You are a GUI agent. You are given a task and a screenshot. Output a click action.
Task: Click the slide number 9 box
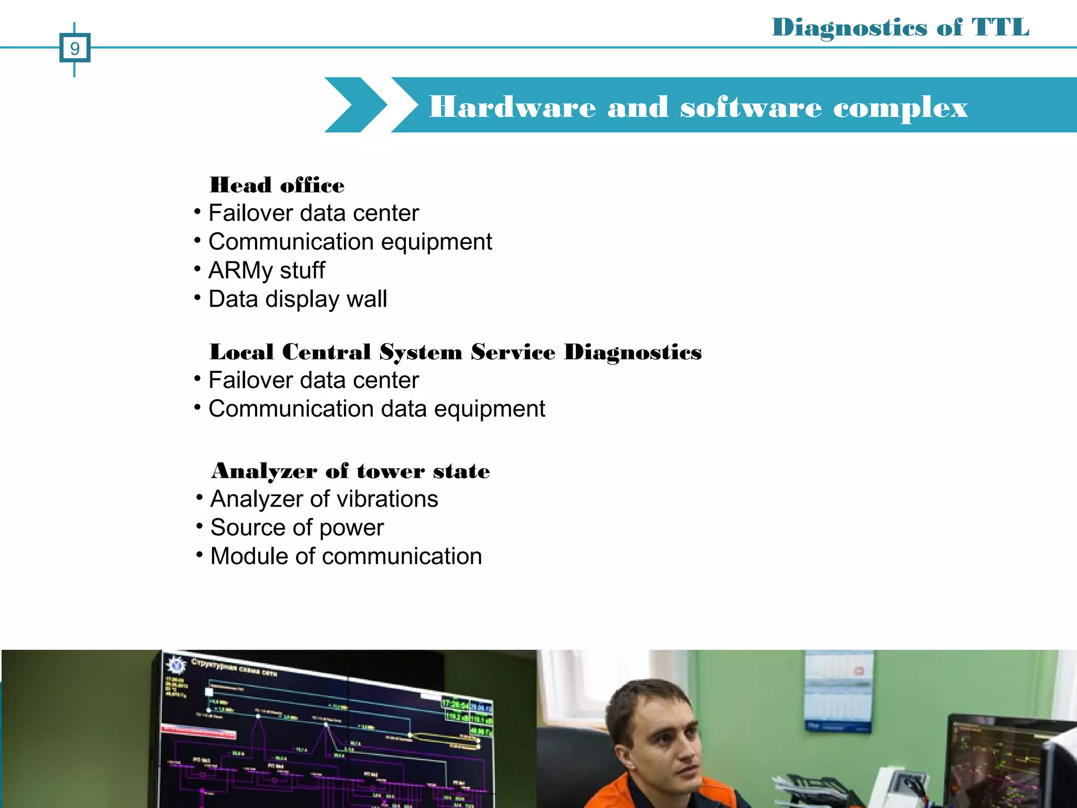(x=75, y=48)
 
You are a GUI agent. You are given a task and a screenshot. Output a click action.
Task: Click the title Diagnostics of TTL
(x=900, y=27)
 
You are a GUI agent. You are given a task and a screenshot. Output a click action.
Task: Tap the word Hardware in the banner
(x=512, y=107)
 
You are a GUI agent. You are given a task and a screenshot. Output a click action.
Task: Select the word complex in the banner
(x=900, y=108)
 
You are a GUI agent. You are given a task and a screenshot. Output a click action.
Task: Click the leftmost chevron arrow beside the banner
(x=354, y=105)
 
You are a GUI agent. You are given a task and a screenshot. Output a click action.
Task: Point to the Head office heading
(x=277, y=185)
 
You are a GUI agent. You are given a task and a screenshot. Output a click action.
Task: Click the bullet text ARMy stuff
(x=267, y=270)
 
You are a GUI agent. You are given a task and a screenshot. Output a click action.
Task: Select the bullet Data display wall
(x=298, y=299)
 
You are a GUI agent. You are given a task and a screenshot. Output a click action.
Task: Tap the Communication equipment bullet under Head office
(x=350, y=242)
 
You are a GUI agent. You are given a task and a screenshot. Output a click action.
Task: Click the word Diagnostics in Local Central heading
(x=633, y=352)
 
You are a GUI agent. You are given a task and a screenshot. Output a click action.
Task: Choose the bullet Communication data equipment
(x=377, y=409)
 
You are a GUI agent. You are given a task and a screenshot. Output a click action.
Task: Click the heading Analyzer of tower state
(x=350, y=470)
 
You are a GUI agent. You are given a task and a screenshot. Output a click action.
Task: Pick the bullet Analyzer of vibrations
(x=324, y=499)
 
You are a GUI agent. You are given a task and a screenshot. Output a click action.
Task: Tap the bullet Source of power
(x=297, y=528)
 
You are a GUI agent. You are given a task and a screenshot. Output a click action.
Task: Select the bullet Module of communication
(x=346, y=556)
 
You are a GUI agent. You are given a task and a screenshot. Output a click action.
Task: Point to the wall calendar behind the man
(x=839, y=692)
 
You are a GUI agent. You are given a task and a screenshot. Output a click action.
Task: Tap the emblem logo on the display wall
(x=176, y=665)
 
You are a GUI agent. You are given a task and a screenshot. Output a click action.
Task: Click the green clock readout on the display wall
(x=455, y=704)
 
